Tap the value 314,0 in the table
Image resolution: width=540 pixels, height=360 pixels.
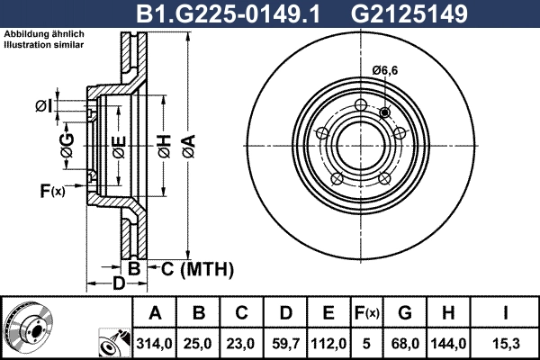point(154,342)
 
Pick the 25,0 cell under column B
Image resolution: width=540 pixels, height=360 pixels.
point(199,342)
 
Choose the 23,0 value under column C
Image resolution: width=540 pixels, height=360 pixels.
point(242,342)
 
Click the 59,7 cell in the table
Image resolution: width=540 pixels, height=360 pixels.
point(285,342)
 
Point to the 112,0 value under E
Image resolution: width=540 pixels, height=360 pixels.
point(328,342)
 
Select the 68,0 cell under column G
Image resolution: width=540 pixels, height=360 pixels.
point(405,342)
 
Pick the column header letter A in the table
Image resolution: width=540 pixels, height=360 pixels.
point(154,313)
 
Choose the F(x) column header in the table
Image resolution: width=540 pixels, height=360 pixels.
point(366,313)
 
